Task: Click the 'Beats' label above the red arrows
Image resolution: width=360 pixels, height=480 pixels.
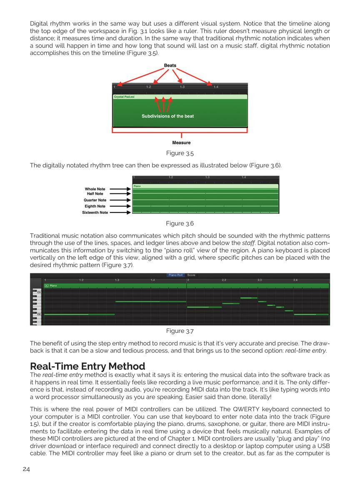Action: click(x=170, y=65)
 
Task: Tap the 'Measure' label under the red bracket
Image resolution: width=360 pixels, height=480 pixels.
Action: click(x=181, y=142)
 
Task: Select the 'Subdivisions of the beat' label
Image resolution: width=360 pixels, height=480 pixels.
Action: click(x=167, y=116)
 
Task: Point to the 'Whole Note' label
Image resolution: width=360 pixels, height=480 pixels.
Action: click(x=95, y=189)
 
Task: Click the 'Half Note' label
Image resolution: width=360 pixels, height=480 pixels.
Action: click(x=95, y=194)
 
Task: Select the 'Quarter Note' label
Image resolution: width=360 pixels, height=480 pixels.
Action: click(x=95, y=200)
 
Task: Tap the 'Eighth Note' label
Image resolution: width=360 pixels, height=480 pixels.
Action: click(x=95, y=206)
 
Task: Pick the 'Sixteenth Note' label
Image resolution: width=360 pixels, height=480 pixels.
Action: click(x=95, y=212)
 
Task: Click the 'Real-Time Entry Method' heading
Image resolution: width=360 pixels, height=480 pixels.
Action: click(x=87, y=366)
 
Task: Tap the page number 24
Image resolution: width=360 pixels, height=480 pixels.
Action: click(x=26, y=469)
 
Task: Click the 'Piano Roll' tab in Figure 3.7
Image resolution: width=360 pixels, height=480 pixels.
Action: click(x=175, y=275)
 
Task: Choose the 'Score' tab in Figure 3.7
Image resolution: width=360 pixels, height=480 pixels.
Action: click(x=191, y=275)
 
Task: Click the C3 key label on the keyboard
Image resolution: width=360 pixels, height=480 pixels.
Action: click(x=39, y=292)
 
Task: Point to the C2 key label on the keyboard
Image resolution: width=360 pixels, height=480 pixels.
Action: click(x=39, y=314)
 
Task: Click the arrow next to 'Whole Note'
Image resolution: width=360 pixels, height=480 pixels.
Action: click(x=120, y=189)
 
